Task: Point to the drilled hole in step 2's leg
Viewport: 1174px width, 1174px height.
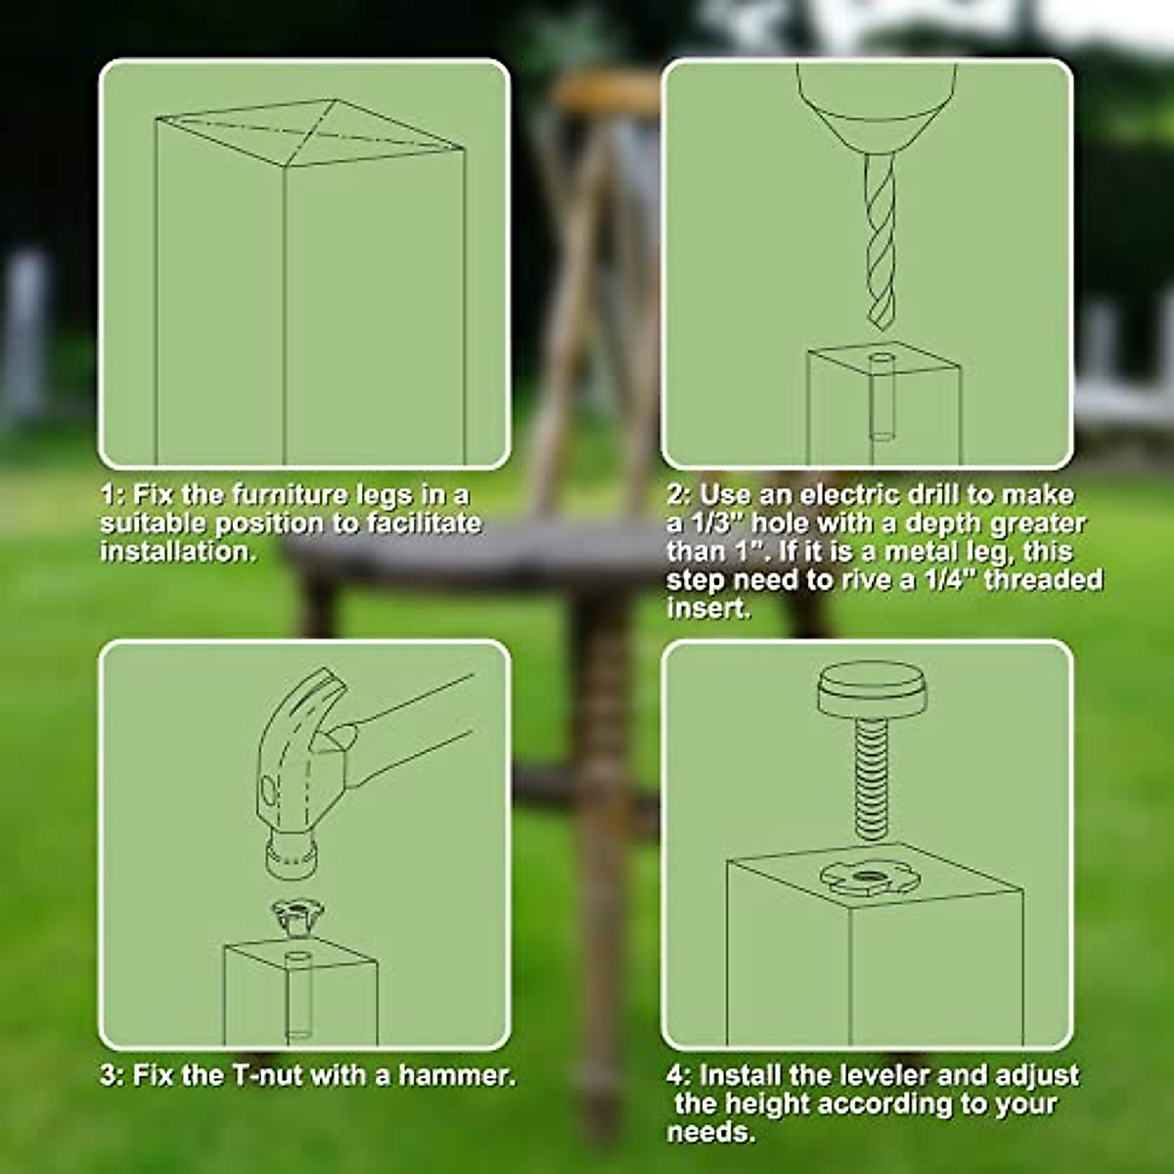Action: click(x=880, y=363)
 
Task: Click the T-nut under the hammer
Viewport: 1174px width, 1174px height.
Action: click(x=295, y=916)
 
